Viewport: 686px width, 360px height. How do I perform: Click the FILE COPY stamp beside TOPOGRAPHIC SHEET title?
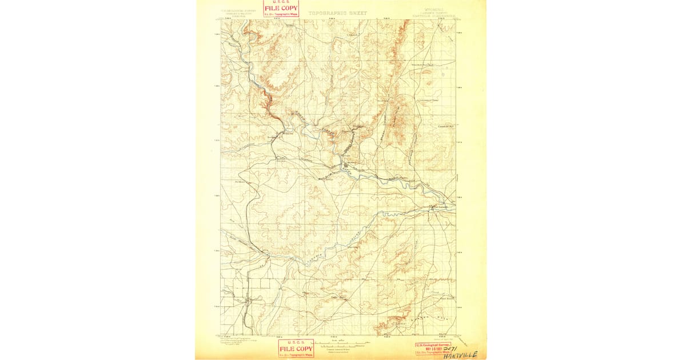click(281, 8)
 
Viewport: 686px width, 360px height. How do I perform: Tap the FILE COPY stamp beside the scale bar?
click(296, 349)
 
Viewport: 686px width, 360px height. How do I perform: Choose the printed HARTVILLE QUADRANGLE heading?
click(433, 16)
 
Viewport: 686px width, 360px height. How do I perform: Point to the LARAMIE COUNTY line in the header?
click(433, 13)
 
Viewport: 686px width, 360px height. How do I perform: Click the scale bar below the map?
click(341, 343)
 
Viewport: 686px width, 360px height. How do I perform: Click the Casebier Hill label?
click(445, 127)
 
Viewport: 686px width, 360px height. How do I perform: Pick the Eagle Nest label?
click(340, 297)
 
